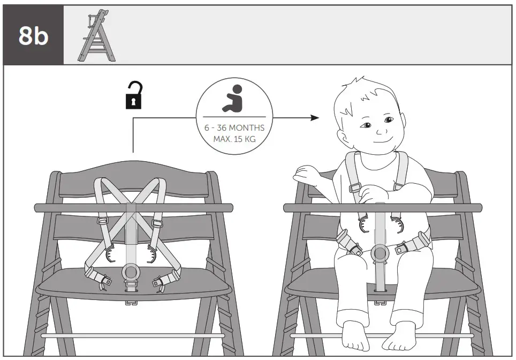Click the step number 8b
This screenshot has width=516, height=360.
point(33,35)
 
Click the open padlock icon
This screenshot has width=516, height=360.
point(134,95)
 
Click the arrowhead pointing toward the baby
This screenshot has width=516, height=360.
point(315,117)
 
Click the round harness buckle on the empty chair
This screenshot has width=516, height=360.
point(130,272)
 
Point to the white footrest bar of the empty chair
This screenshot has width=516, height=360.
point(134,335)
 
